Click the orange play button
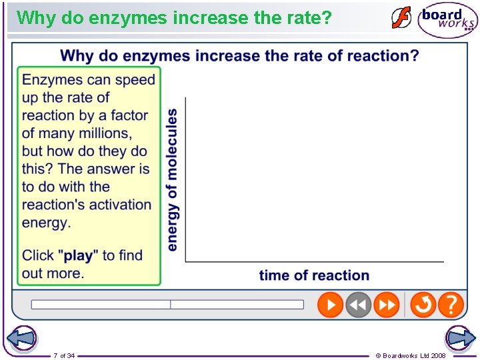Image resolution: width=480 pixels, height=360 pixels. [x=330, y=305]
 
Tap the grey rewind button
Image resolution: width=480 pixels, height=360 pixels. [x=358, y=305]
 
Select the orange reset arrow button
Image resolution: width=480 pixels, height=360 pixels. [x=423, y=305]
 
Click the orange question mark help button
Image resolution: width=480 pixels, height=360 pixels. [x=451, y=305]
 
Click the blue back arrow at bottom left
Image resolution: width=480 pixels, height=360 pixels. [x=21, y=338]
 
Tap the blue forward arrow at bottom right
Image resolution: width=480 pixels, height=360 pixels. [x=460, y=338]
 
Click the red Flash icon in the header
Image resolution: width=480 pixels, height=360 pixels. [x=401, y=18]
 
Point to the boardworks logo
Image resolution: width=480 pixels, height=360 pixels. [x=447, y=20]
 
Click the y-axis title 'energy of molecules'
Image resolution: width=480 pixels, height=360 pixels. [x=172, y=180]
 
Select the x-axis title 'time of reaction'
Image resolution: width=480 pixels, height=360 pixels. [x=314, y=275]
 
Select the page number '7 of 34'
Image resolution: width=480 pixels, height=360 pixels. [x=64, y=355]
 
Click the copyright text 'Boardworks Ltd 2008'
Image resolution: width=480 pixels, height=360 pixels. [x=413, y=355]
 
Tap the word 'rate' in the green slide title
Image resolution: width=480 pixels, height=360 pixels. [x=291, y=17]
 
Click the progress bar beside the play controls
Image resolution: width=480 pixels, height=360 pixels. [x=167, y=305]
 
